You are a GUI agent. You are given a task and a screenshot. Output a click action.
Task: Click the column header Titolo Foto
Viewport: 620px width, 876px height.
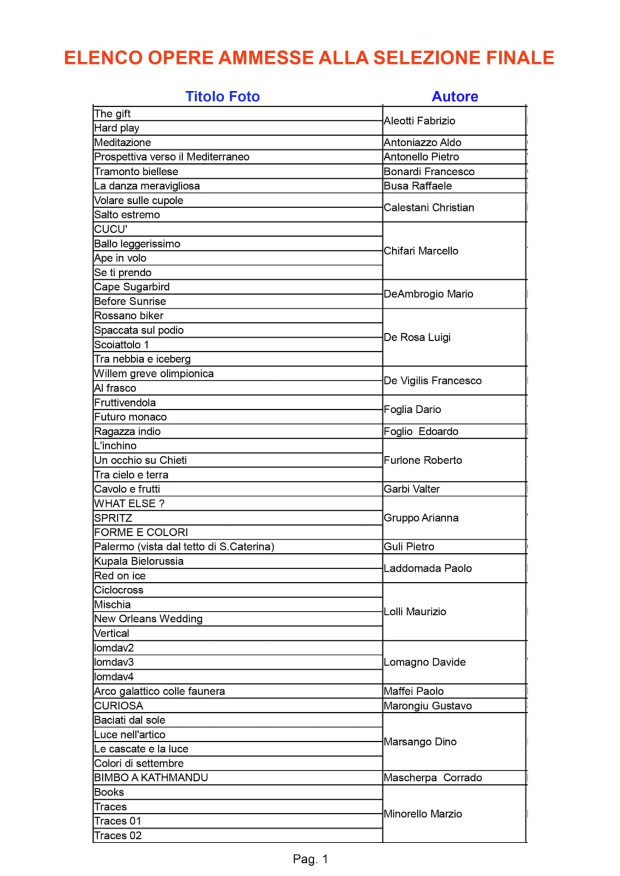click(x=222, y=96)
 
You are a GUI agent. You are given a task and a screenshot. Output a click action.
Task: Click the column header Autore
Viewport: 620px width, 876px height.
click(x=454, y=96)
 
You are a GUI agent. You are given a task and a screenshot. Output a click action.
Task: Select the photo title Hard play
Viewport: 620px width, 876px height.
click(x=117, y=128)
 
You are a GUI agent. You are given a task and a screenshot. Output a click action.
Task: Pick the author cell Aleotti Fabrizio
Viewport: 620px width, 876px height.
click(x=419, y=121)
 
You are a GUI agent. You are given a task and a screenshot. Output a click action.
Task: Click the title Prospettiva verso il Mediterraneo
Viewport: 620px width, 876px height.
click(x=172, y=157)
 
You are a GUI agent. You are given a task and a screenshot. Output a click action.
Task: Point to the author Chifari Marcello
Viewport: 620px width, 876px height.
click(x=421, y=251)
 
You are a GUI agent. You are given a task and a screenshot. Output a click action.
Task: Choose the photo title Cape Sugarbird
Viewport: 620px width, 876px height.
click(x=132, y=287)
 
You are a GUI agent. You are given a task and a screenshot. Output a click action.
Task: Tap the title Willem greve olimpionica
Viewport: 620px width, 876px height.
click(x=153, y=374)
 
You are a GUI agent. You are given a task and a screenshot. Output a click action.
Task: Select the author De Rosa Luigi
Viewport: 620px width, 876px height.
click(x=417, y=337)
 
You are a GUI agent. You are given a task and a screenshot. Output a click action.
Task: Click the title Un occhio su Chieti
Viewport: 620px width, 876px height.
click(x=140, y=460)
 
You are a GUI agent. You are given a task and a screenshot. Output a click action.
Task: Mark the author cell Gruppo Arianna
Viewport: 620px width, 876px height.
click(x=421, y=518)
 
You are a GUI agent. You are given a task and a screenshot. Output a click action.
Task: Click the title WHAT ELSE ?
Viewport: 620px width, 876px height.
click(x=129, y=503)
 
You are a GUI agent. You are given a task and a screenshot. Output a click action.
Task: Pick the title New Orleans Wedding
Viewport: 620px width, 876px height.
click(x=148, y=619)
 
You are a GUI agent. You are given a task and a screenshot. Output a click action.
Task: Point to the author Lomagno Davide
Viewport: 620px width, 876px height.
click(x=424, y=662)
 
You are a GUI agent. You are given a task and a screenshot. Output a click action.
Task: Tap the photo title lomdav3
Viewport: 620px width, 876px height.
click(x=114, y=662)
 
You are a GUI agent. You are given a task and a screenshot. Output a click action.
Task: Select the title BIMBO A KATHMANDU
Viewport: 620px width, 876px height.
click(x=151, y=778)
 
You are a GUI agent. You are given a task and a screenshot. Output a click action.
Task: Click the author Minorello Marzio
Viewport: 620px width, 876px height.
click(x=423, y=814)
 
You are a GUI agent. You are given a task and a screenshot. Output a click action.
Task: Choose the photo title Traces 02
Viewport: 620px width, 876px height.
click(x=118, y=835)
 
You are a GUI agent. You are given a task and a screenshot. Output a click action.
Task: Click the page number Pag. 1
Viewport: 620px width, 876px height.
click(x=310, y=859)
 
